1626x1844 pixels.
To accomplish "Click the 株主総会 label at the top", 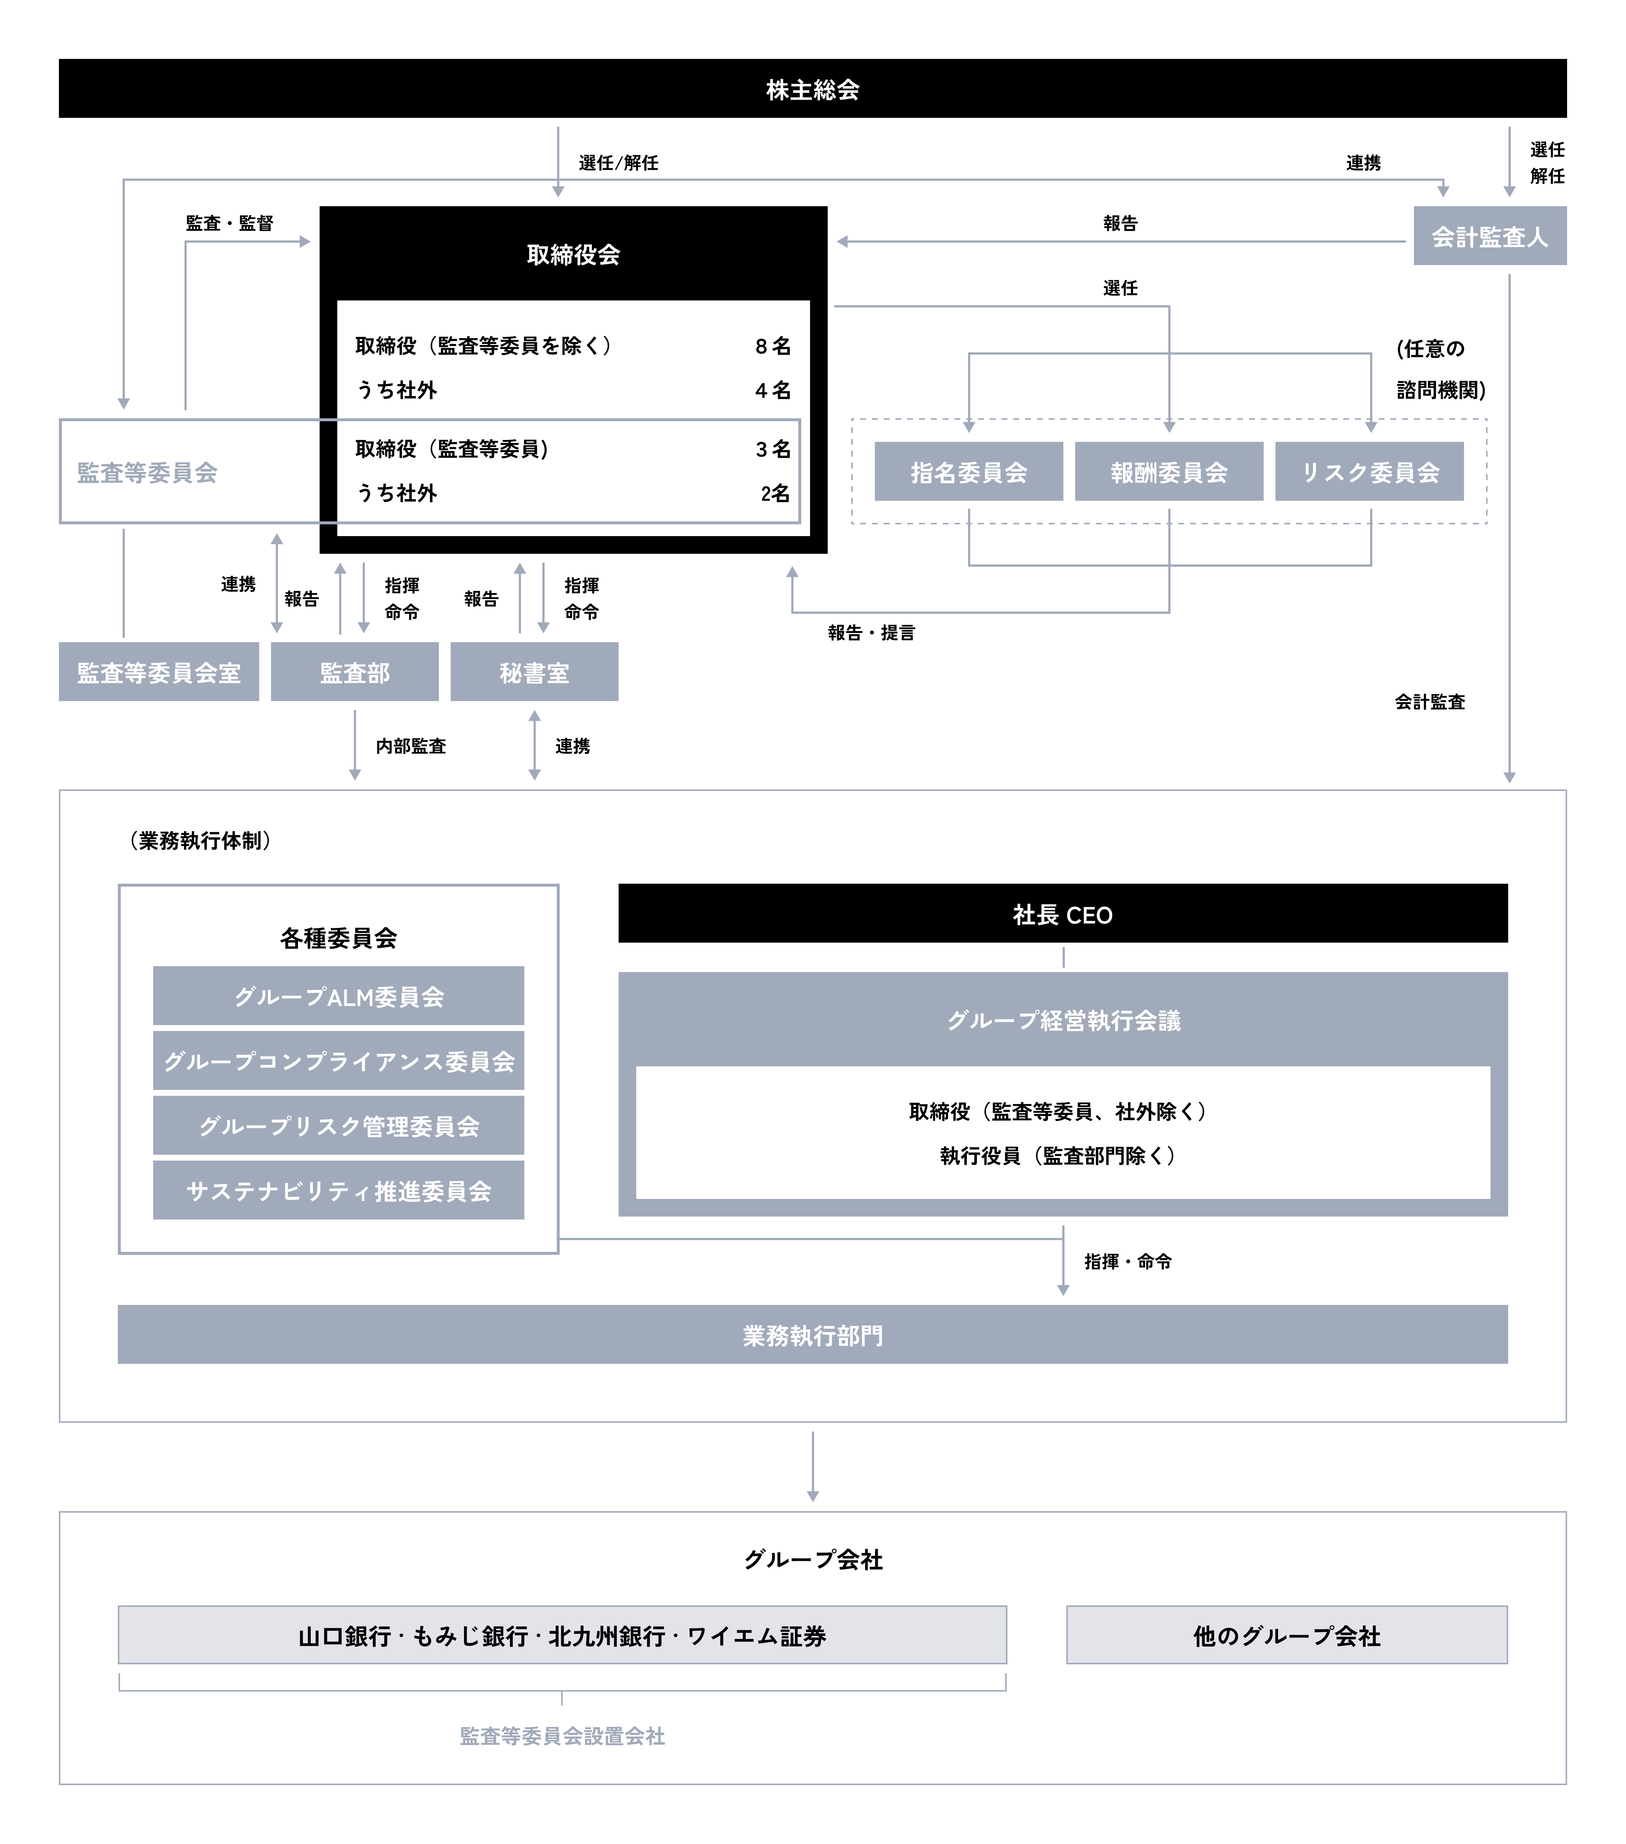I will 812,90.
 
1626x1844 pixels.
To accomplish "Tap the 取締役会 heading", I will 573,254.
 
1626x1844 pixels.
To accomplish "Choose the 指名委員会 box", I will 968,472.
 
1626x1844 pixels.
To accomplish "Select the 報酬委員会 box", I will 1169,472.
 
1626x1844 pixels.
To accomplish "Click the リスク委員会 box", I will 1369,472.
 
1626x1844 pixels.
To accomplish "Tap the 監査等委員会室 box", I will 159,672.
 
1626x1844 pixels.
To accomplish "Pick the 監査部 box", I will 355,672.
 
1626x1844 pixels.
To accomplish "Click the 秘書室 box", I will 534,672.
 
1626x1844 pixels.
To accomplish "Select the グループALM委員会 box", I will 338,996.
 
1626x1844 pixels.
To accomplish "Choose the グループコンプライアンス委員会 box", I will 338,1061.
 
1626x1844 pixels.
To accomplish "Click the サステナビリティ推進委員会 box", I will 338,1191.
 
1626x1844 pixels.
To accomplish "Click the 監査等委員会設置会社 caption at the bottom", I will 562,1736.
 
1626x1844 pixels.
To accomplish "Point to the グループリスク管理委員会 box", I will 338,1126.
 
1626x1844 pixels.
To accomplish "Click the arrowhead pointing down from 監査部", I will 355,774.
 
